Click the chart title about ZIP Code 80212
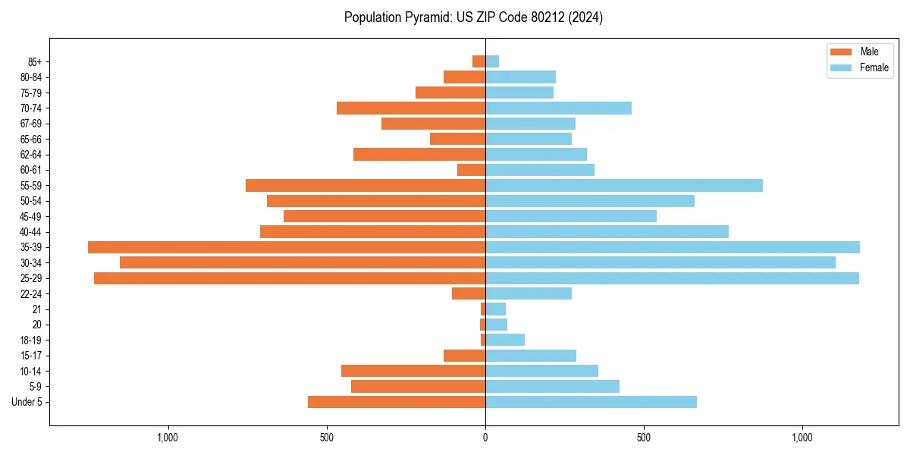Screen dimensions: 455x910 473,17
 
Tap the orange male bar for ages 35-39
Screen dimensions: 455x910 287,247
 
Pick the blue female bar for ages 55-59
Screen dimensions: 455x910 623,185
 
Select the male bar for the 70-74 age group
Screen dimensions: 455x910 411,108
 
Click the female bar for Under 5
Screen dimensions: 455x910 591,402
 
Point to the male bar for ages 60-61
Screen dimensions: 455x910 471,170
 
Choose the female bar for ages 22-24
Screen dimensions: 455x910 529,293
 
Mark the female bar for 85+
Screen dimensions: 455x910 492,61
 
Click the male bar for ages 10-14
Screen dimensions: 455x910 413,371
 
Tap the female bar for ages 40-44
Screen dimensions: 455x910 607,231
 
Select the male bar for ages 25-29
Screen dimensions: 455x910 290,278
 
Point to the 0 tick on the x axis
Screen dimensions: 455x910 485,438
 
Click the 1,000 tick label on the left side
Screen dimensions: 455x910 168,438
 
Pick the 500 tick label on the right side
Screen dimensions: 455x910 644,438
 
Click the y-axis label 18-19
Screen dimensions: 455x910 30,340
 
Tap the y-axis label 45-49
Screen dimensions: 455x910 30,216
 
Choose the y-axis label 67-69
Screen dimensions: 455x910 30,124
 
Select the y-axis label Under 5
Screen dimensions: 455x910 27,402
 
